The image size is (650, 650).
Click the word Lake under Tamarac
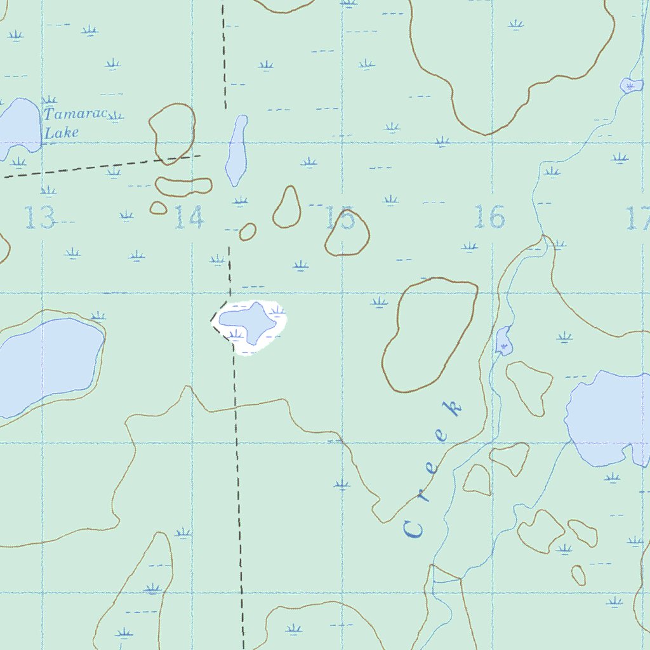point(62,133)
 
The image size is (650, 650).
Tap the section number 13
point(40,218)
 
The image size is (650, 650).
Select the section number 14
point(189,218)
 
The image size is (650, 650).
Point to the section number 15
point(340,219)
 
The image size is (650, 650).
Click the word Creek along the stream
point(432,470)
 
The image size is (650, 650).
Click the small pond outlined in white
point(251,322)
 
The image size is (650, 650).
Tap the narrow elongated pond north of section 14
point(237,151)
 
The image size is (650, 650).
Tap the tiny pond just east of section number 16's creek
point(503,341)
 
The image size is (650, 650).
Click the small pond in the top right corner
point(631,84)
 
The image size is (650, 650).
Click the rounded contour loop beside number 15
point(347,233)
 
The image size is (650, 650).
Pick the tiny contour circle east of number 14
point(248,232)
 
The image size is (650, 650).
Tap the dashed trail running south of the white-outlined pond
point(238,476)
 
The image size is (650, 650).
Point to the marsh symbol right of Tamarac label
point(114,116)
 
